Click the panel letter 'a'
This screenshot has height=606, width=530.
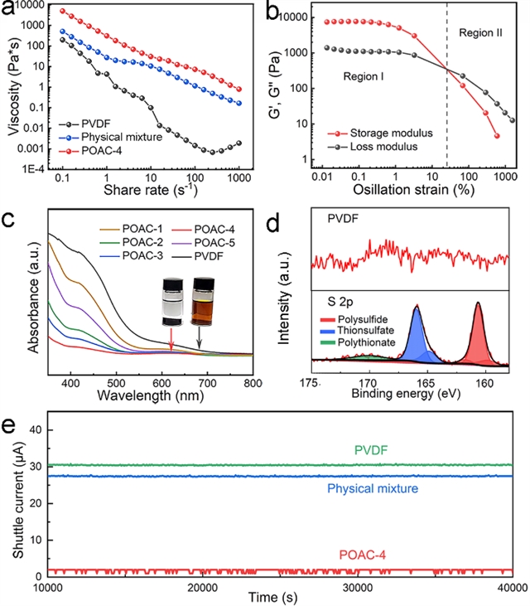coord(11,11)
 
